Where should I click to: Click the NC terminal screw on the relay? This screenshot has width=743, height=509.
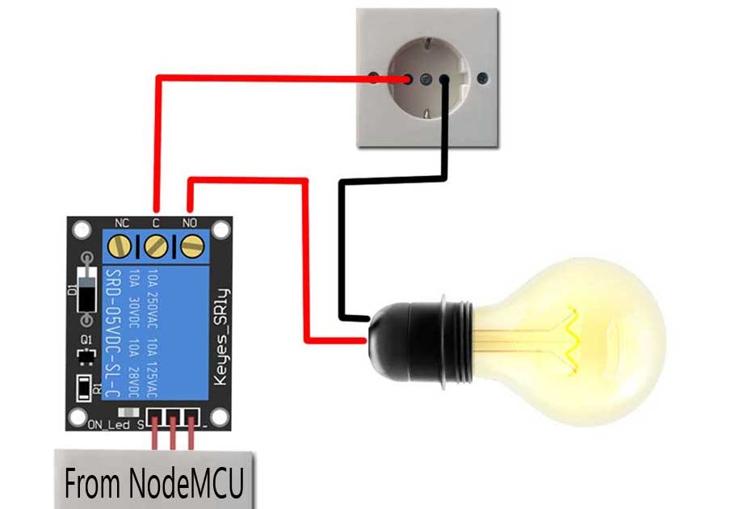click(121, 244)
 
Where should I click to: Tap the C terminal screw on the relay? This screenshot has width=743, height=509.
click(156, 244)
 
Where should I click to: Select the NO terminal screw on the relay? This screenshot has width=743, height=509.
click(191, 244)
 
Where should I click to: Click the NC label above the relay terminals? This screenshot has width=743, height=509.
click(122, 221)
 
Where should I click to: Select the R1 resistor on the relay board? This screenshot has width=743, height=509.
click(83, 387)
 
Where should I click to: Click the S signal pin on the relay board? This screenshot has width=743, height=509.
click(155, 417)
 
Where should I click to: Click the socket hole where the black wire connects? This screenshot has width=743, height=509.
click(444, 79)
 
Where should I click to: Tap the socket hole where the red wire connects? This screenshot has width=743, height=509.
click(410, 79)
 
